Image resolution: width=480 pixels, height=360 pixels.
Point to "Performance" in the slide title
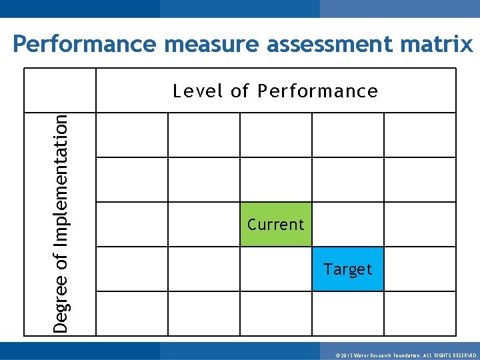(x=84, y=45)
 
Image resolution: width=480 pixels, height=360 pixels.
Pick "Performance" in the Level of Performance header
(x=317, y=91)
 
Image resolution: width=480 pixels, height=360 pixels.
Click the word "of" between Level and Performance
(x=239, y=91)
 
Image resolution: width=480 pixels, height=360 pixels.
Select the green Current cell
(x=275, y=224)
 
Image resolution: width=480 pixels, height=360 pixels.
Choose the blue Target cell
(x=348, y=269)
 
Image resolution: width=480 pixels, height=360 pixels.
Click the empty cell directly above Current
(x=275, y=179)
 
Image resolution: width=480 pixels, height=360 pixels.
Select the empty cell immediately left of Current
(x=203, y=224)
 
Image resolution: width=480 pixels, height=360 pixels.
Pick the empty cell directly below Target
(x=348, y=313)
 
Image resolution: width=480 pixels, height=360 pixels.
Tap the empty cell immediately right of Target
(x=420, y=269)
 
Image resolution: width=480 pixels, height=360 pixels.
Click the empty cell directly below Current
(x=275, y=269)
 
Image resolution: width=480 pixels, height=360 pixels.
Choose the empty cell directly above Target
(x=348, y=224)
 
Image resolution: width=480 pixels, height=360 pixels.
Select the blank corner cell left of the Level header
(x=60, y=91)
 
